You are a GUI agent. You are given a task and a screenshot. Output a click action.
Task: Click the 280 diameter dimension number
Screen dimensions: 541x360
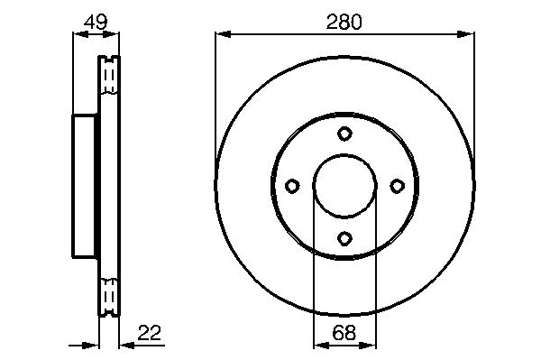tap(344, 22)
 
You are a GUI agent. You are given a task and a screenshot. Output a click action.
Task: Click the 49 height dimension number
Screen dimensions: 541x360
tap(96, 22)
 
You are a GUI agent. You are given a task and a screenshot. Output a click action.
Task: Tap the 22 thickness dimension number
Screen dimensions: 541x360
tap(150, 333)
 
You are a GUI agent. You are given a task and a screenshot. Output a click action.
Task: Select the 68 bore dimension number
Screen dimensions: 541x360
tap(344, 333)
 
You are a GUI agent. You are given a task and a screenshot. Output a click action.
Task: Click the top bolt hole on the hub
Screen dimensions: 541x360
tap(344, 134)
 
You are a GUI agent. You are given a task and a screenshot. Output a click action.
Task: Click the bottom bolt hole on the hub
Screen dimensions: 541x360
tap(344, 238)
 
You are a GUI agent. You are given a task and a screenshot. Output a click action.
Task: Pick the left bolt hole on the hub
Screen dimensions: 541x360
tap(292, 186)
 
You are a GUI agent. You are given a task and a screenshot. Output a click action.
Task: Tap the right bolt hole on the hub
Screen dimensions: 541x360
tap(397, 186)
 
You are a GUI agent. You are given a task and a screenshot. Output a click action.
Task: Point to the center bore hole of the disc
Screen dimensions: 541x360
tap(344, 186)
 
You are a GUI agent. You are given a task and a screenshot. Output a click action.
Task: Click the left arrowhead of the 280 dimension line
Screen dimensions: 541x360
tap(223, 34)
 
